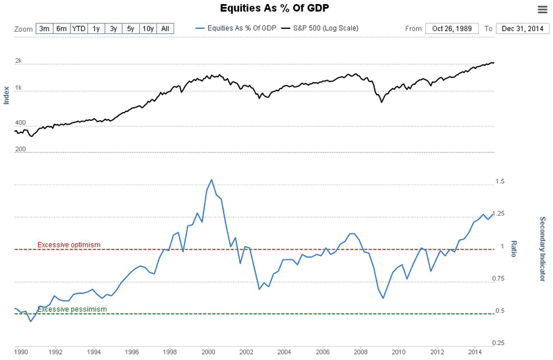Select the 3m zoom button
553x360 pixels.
[44, 28]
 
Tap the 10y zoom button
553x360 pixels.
[148, 28]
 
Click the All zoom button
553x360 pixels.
[165, 28]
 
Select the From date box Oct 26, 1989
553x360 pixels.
[451, 28]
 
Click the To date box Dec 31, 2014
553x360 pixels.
[522, 28]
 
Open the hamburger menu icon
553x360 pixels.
[542, 8]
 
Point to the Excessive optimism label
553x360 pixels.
[69, 245]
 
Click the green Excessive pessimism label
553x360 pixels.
[72, 309]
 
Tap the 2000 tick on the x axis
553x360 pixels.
[209, 352]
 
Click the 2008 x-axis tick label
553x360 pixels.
[360, 352]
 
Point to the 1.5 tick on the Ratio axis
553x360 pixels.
[500, 182]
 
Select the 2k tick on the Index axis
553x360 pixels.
[19, 61]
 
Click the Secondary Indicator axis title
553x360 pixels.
[543, 249]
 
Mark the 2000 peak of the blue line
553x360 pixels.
[211, 180]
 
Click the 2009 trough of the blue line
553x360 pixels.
[383, 298]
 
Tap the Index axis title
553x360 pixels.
[7, 95]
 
